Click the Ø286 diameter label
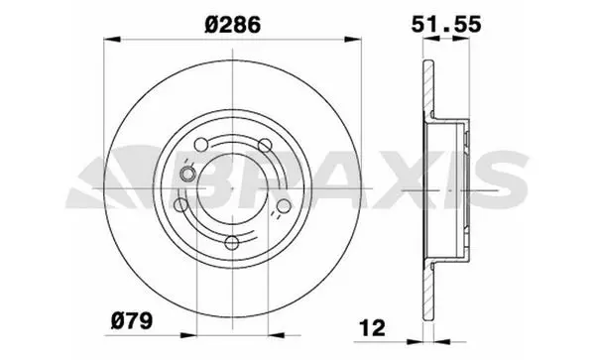(x=233, y=25)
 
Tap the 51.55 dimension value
(x=446, y=24)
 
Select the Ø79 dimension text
(x=132, y=320)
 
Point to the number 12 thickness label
(x=372, y=327)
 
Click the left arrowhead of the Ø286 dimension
(x=112, y=39)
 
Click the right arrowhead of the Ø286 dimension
(x=352, y=39)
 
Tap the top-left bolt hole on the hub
(x=201, y=145)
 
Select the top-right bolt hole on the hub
(x=265, y=145)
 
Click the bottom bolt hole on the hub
(x=232, y=243)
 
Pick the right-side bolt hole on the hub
(x=284, y=205)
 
